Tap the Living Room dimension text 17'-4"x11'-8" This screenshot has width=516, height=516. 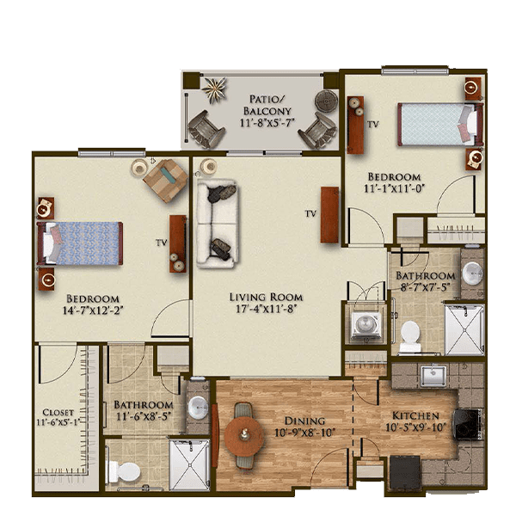point(267,309)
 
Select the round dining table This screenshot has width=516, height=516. point(244,435)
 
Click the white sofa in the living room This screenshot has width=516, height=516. point(217,224)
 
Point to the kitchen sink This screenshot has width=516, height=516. point(434,375)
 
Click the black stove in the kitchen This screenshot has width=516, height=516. point(468,425)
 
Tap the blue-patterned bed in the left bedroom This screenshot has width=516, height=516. point(80,243)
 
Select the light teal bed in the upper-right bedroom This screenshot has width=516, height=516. point(440,124)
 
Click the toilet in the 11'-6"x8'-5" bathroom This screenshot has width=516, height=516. point(125,471)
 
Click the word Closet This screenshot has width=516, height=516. point(58,412)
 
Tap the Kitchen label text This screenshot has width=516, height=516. point(415,415)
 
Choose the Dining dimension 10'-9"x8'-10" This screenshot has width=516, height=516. point(304,433)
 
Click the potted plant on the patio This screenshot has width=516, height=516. point(214,89)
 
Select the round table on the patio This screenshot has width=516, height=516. point(326,101)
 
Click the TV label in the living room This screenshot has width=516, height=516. point(310,214)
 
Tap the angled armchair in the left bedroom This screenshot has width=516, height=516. point(165,181)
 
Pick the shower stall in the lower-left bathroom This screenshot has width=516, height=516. point(189,464)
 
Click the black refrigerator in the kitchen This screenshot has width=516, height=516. point(405,472)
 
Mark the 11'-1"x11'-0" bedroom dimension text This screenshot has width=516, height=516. point(394,188)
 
